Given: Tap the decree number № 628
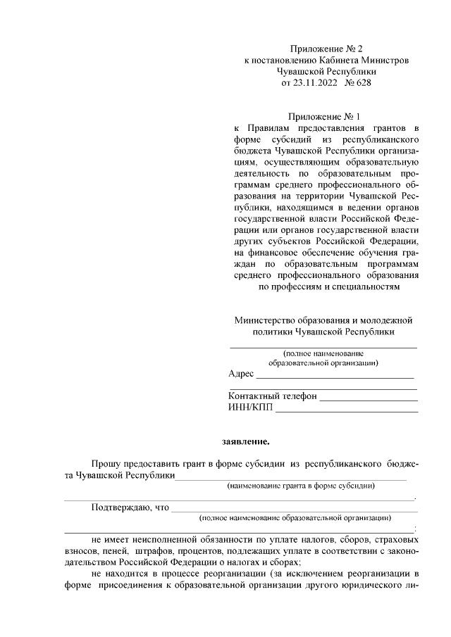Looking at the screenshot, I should [357, 82].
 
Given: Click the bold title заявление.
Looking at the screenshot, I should [246, 442].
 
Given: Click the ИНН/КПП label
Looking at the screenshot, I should [250, 408].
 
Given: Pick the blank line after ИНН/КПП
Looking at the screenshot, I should [346, 411].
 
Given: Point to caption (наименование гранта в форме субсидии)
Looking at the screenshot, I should [300, 486].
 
